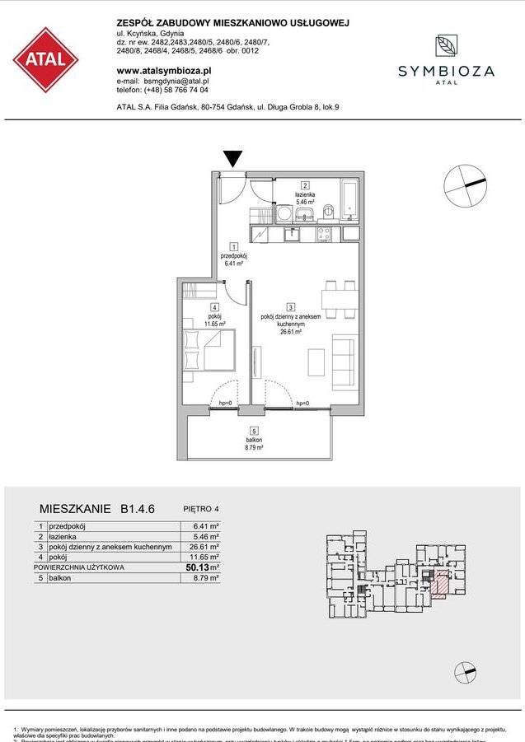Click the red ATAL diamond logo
click(46, 60)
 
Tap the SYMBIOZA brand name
click(446, 72)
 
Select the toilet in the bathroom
click(327, 212)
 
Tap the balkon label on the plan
click(254, 441)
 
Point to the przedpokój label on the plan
click(234, 256)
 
